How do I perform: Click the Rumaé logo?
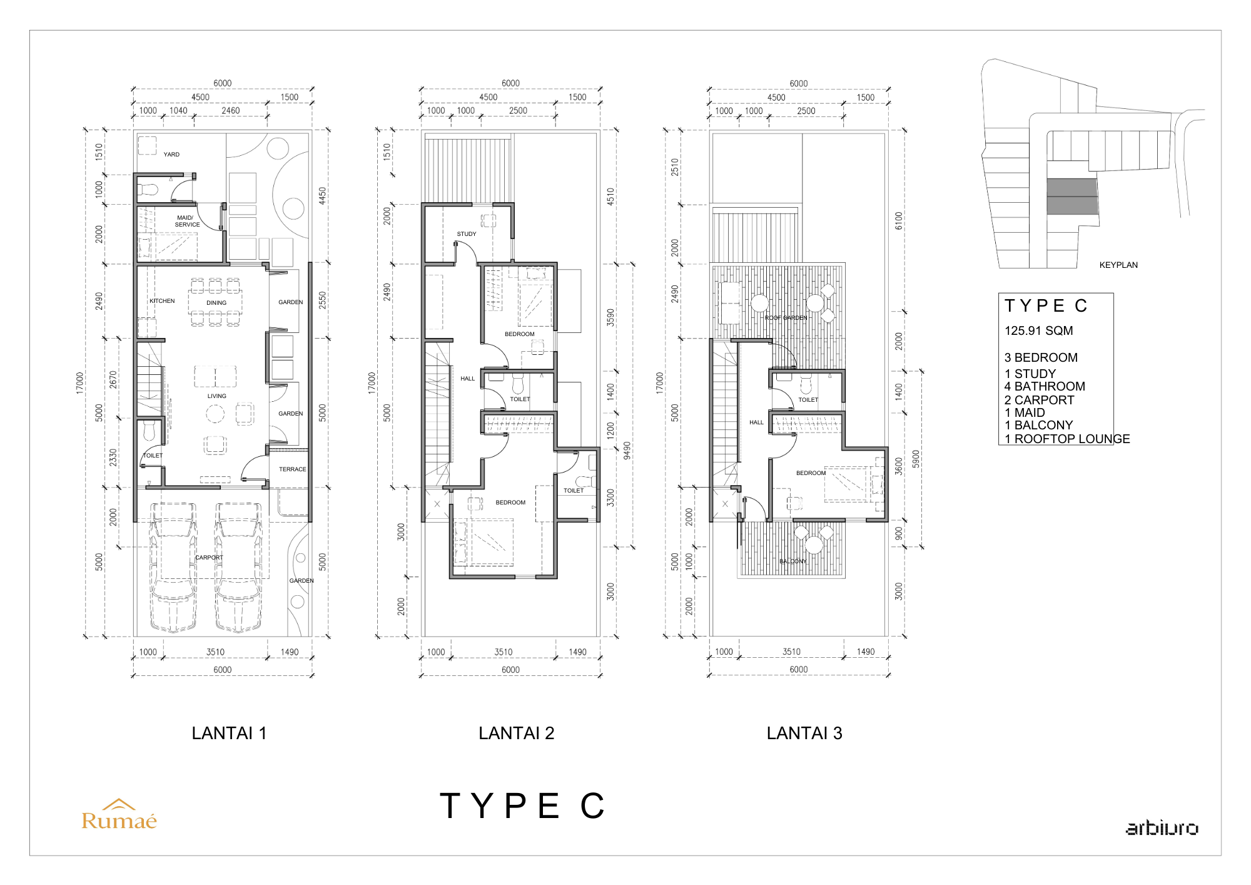click(119, 814)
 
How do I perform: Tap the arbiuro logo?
click(1162, 827)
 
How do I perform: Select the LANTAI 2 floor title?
click(517, 733)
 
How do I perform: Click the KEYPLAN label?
click(1118, 265)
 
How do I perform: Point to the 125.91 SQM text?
click(1039, 330)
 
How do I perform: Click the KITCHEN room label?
click(162, 301)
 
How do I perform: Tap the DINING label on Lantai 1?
click(216, 303)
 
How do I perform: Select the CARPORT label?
click(209, 558)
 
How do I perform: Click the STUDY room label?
click(467, 234)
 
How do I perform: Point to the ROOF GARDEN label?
click(786, 318)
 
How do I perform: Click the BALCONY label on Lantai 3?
click(793, 561)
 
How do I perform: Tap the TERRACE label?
click(293, 469)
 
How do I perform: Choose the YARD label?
click(171, 155)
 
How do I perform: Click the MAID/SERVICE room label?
click(186, 221)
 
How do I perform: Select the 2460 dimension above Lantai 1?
click(231, 111)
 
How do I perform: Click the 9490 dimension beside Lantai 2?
click(627, 451)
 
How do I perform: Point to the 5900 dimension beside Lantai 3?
click(916, 459)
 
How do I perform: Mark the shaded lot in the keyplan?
click(1072, 197)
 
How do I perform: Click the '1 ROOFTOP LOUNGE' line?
click(1067, 439)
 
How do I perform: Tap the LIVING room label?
click(217, 396)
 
